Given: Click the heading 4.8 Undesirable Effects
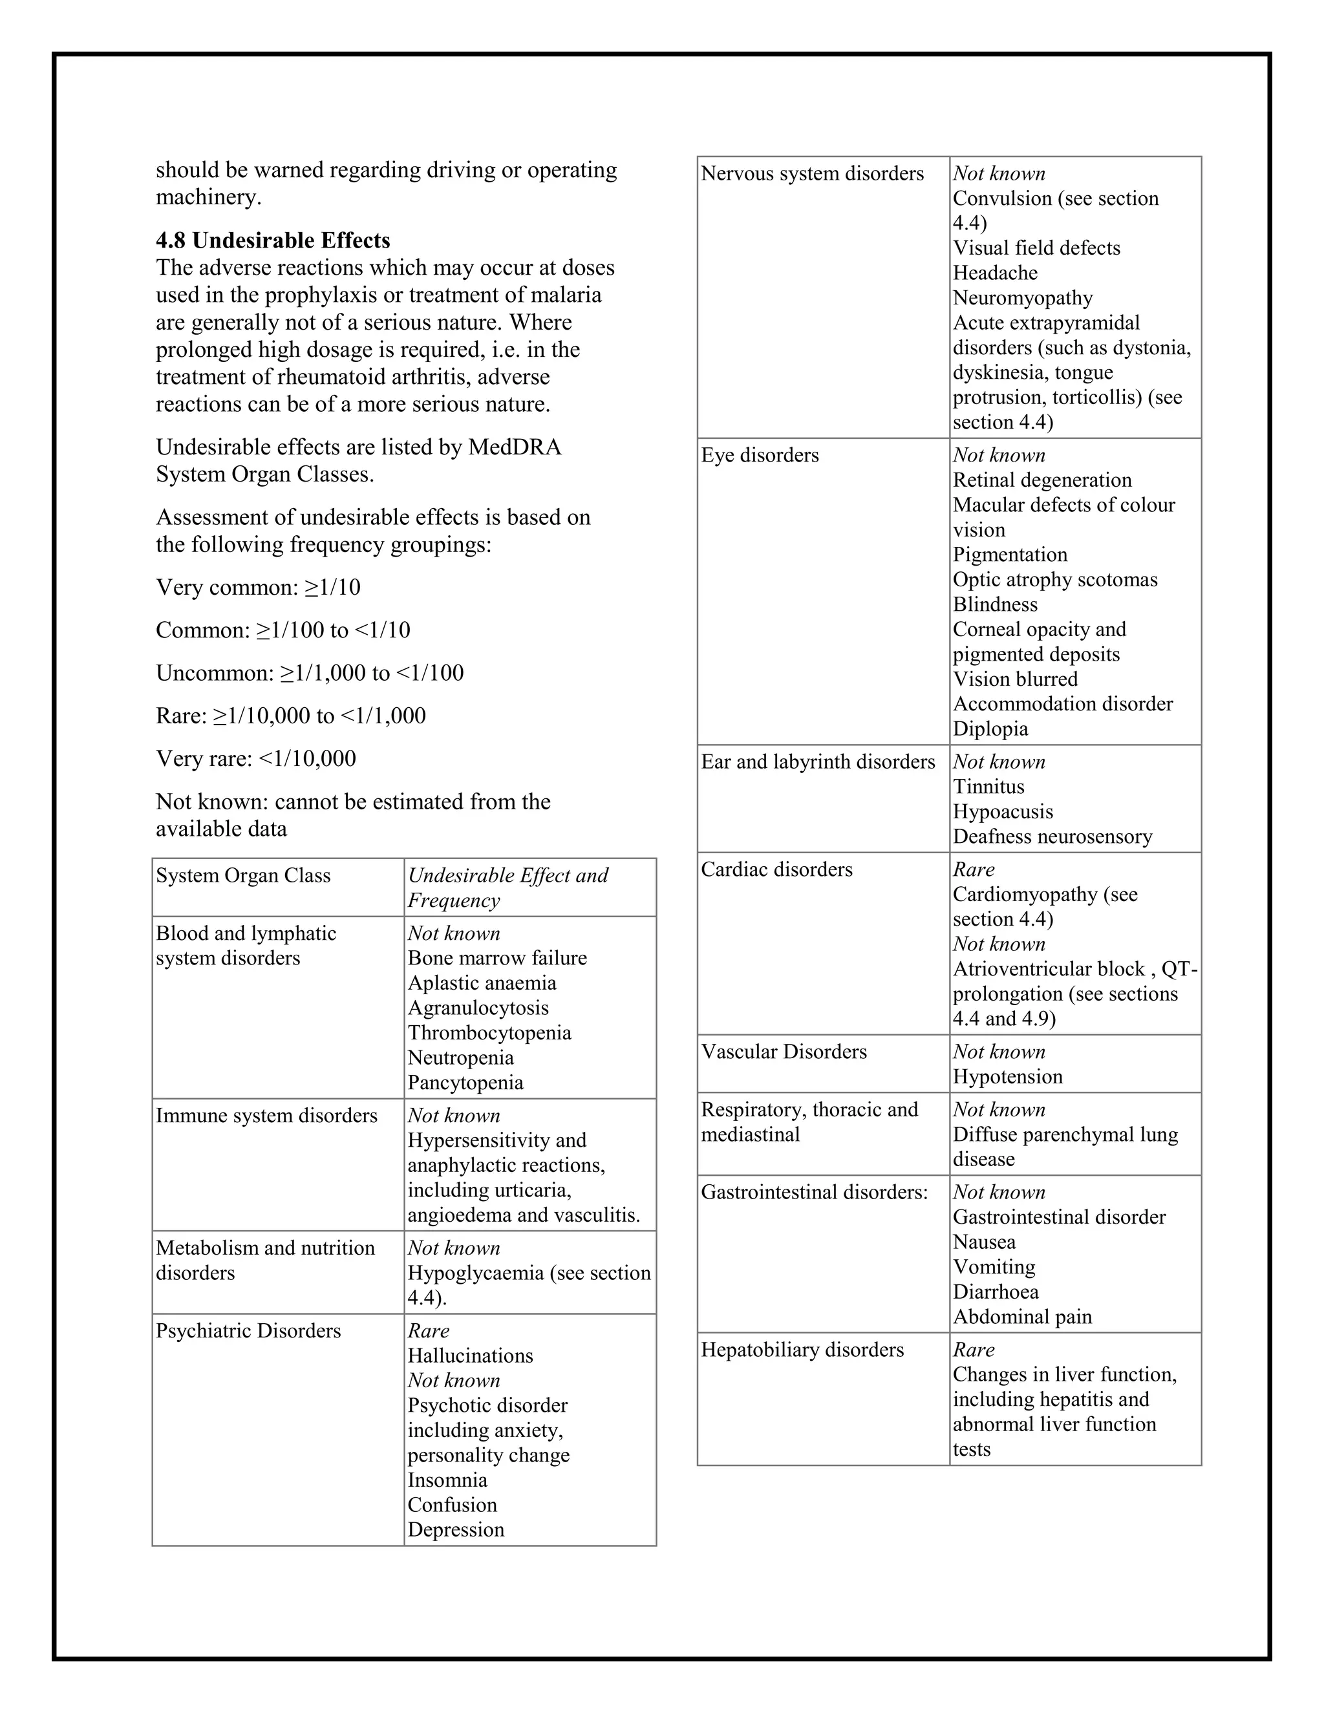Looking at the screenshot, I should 272,240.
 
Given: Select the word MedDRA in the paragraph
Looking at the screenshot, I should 515,447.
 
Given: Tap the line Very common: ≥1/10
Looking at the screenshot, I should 258,588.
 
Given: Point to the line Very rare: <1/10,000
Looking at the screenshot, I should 256,758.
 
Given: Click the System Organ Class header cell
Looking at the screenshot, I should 243,875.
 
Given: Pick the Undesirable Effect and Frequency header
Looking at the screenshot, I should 507,887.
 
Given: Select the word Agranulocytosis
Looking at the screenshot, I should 478,1008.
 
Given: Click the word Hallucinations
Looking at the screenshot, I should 470,1356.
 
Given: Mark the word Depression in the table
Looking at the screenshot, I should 456,1529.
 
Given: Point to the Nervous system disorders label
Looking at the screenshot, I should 812,173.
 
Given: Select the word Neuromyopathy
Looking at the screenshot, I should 1022,298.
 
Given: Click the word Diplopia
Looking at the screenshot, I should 990,729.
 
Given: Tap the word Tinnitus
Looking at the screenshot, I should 988,787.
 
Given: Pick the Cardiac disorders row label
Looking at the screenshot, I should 776,870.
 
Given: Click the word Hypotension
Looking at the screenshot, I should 1007,1077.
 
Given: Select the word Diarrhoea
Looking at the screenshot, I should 996,1292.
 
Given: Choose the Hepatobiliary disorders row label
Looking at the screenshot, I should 802,1350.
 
